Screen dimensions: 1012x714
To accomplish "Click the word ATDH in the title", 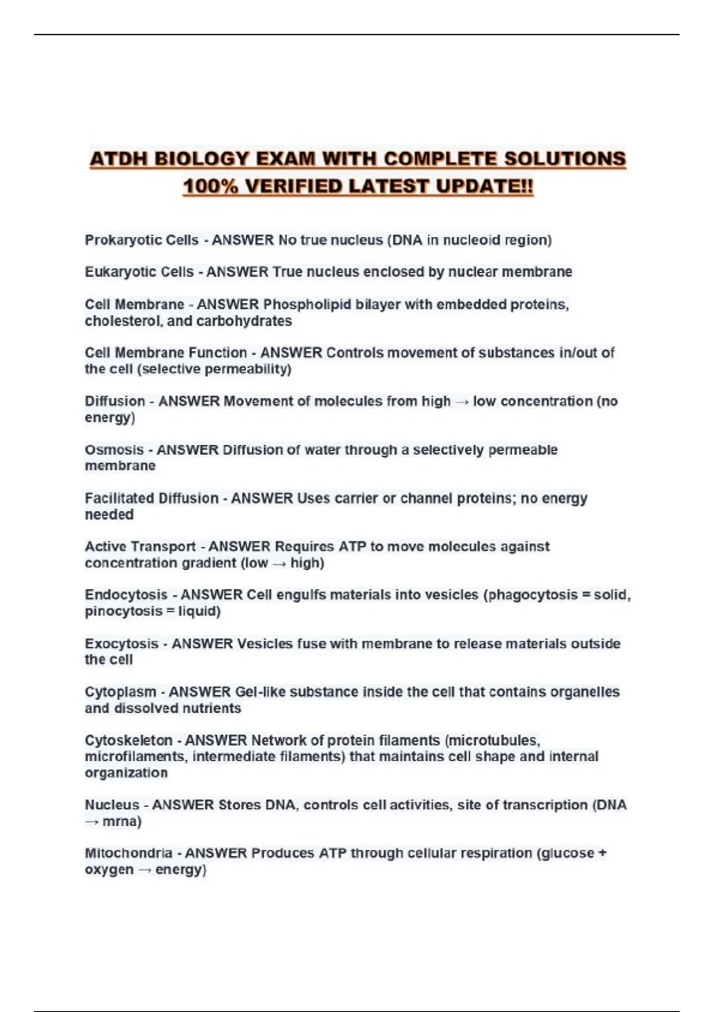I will point(119,160).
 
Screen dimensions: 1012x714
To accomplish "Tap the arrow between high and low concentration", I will point(462,402).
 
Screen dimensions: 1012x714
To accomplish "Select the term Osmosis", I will point(114,450).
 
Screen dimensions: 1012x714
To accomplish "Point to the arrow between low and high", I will point(279,563).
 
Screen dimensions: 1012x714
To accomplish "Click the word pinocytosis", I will point(123,611).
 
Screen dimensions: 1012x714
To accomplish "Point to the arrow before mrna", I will point(92,822).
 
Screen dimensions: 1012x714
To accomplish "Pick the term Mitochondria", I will point(129,853).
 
